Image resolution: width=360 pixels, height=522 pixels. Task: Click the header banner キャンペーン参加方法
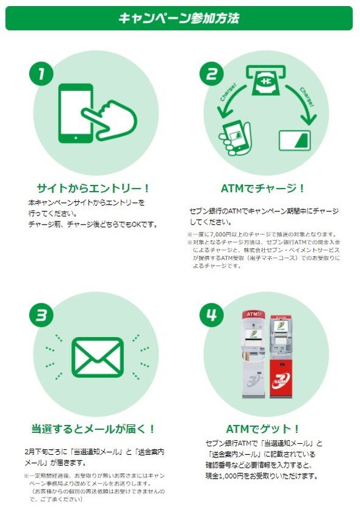[x=179, y=18]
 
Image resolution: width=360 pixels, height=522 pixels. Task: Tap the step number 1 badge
[x=41, y=73]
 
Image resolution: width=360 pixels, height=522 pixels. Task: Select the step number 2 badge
[x=212, y=73]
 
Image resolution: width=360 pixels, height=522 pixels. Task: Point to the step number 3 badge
[x=41, y=315]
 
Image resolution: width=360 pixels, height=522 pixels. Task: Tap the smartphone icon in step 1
[x=76, y=114]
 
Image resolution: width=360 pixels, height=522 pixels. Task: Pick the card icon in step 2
[x=295, y=140]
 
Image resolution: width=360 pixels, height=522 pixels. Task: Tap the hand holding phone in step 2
[x=236, y=137]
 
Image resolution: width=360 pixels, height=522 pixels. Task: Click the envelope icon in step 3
[x=98, y=357]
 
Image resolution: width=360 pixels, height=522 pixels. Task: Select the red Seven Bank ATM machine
[x=281, y=356]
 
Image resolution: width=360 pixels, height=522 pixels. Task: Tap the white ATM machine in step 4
[x=254, y=355]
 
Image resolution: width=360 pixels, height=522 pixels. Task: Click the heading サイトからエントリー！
[x=93, y=189]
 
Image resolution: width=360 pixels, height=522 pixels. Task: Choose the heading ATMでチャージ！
[x=263, y=189]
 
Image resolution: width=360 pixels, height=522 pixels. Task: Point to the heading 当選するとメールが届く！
[x=93, y=429]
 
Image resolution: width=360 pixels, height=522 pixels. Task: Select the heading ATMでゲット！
[x=263, y=429]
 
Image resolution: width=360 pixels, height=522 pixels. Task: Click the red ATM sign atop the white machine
[x=254, y=314]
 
